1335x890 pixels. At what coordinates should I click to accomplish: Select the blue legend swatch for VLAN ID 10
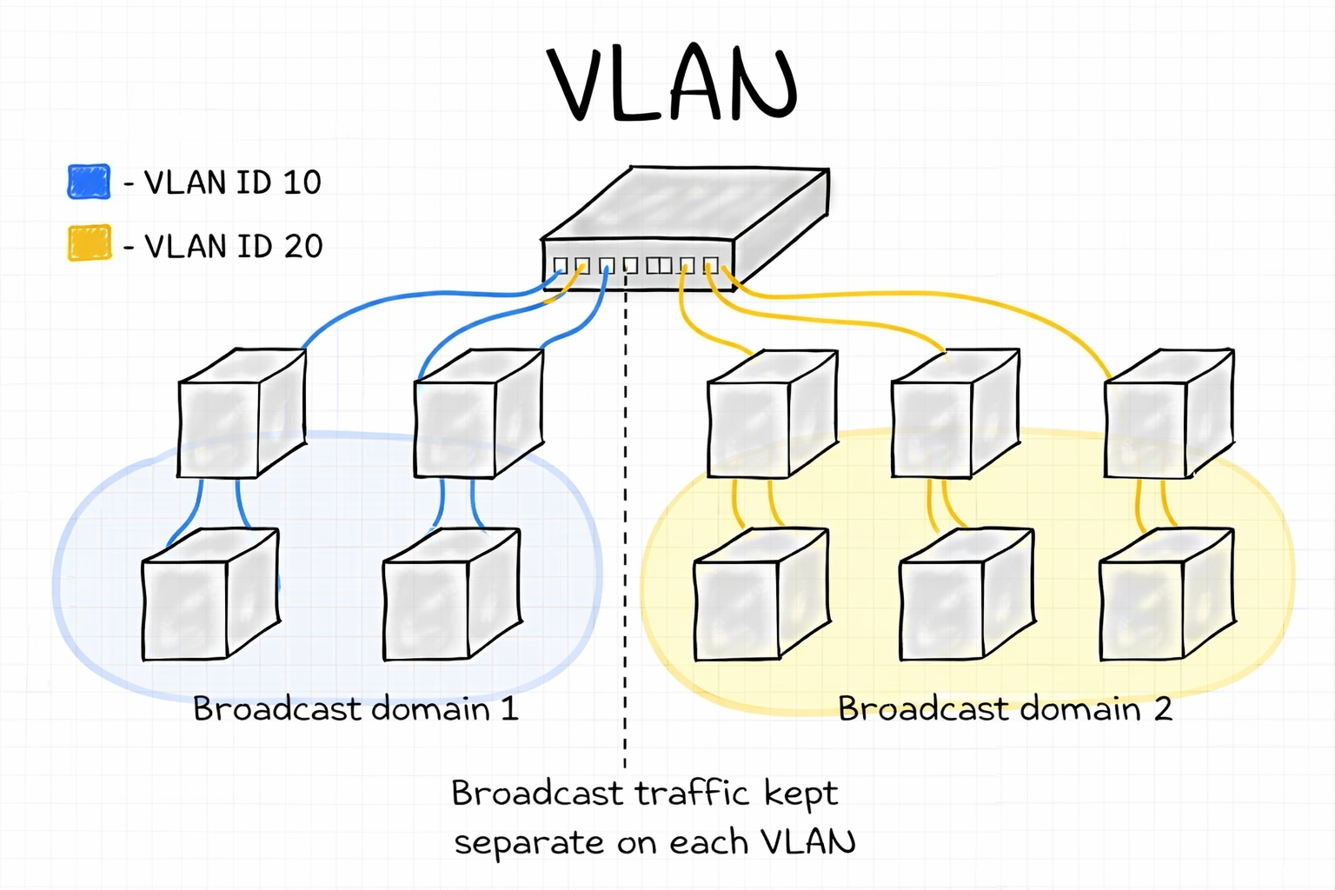point(89,182)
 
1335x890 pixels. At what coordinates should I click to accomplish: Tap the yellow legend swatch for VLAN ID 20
point(90,243)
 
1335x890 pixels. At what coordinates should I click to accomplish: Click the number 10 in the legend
point(302,183)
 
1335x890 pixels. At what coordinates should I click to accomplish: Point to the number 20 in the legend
point(302,247)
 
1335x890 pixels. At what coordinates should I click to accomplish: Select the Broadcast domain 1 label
point(355,709)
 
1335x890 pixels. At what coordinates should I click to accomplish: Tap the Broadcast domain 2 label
point(1005,709)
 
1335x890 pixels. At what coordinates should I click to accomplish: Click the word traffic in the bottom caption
point(691,794)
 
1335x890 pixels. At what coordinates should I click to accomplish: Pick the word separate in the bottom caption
point(528,843)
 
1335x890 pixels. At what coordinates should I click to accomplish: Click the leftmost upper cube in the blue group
point(241,414)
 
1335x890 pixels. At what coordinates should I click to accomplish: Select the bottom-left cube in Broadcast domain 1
point(209,594)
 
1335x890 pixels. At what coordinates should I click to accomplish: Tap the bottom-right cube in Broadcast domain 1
point(451,594)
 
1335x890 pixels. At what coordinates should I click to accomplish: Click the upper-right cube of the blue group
point(478,414)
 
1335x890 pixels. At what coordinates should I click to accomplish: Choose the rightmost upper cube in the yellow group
point(1167,414)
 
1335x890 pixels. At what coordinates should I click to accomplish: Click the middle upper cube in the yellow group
point(954,414)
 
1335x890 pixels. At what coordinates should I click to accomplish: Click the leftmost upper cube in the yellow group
point(772,414)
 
